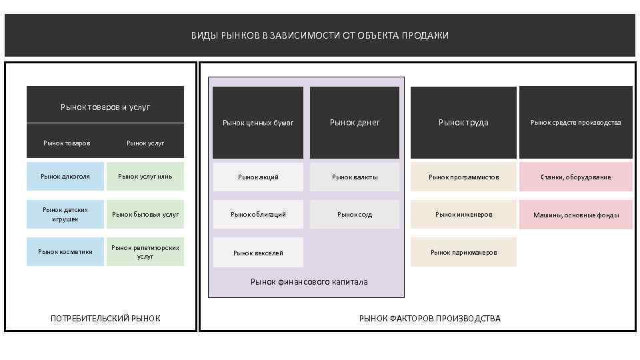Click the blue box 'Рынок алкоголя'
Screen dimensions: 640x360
[x=65, y=177]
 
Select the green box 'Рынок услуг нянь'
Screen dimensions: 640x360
[x=145, y=177]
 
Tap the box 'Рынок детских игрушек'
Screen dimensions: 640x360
[x=65, y=214]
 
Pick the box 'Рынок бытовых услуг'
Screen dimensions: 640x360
[x=145, y=214]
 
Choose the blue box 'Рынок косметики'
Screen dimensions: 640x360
[x=65, y=251]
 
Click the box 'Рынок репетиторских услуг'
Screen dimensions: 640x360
[x=145, y=251]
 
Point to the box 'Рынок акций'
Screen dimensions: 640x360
[x=258, y=177]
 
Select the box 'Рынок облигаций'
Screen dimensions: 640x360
[x=258, y=214]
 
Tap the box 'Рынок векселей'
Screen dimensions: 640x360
[x=258, y=253]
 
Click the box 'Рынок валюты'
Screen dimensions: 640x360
[x=355, y=177]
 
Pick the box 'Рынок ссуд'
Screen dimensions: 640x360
[x=355, y=214]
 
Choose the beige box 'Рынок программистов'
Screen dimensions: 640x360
[x=463, y=177]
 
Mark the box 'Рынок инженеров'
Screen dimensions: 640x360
[x=463, y=214]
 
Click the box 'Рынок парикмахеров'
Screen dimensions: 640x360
[x=463, y=252]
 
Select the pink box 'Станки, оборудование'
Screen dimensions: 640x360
[x=576, y=177]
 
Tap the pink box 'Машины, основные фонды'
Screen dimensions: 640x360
[x=576, y=215]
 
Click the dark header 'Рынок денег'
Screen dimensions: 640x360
[x=355, y=123]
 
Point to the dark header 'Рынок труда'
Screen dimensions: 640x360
[x=463, y=123]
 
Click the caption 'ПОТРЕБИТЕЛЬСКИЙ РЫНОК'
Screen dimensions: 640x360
[x=105, y=319]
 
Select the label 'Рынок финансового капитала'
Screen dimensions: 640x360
[x=309, y=282]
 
